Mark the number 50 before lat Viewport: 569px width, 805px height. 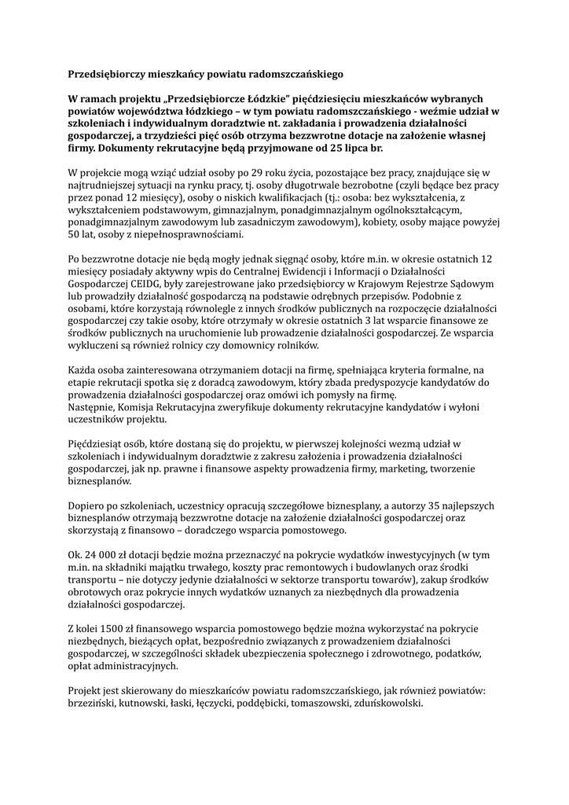point(76,234)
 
